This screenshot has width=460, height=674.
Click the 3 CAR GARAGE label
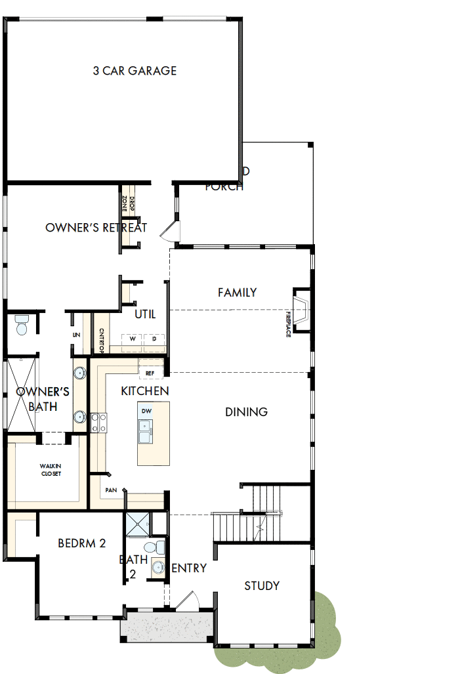tap(135, 71)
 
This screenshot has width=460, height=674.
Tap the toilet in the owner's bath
tap(22, 325)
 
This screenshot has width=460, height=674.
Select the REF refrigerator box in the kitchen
tap(150, 373)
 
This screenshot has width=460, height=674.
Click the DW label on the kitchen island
tap(146, 411)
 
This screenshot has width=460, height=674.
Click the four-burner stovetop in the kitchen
tap(98, 423)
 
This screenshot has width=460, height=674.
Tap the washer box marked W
tap(132, 339)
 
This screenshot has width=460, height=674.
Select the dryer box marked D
tap(154, 339)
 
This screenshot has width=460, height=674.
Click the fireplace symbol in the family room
tap(302, 309)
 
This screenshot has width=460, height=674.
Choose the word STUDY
tap(262, 586)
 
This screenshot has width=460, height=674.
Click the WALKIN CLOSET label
tap(50, 470)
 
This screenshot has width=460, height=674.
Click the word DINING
tap(246, 412)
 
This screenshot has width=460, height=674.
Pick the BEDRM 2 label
tap(82, 543)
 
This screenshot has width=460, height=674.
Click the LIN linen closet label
tap(76, 335)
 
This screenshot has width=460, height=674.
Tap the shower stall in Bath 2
tap(137, 524)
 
